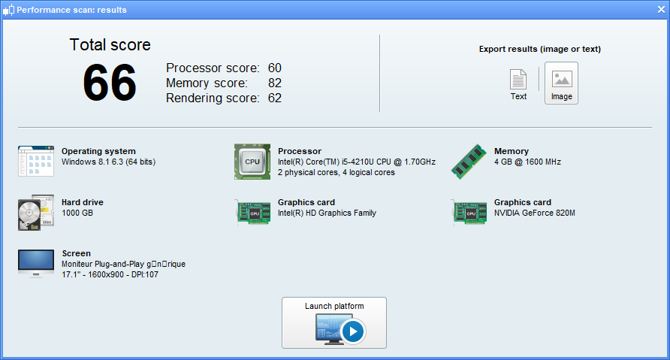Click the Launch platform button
click(334, 322)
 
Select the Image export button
click(561, 83)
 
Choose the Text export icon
click(518, 83)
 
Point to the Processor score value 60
click(274, 68)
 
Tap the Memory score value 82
click(274, 83)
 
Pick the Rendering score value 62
click(274, 98)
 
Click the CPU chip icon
click(252, 162)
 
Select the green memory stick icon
click(469, 162)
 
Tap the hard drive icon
click(35, 213)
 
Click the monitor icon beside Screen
click(35, 263)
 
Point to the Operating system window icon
click(35, 162)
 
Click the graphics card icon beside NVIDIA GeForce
click(469, 213)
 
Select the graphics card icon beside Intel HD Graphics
click(252, 213)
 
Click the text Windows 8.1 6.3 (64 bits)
click(108, 162)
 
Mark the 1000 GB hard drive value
click(78, 213)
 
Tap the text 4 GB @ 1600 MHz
click(527, 162)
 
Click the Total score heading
click(110, 44)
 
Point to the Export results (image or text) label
click(539, 50)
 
